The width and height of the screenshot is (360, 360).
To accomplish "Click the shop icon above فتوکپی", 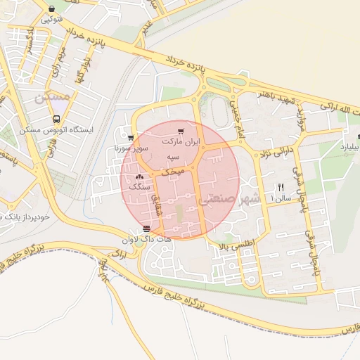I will tap(54, 9).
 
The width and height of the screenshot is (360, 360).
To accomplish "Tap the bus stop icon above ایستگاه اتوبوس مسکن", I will tap(56, 120).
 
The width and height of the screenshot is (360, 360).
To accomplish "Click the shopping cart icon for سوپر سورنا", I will tap(131, 138).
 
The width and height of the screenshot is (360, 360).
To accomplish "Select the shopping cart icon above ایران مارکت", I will tap(181, 131).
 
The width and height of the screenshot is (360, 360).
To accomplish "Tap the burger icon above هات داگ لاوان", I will tap(146, 229).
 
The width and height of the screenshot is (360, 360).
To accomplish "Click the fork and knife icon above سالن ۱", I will tap(281, 187).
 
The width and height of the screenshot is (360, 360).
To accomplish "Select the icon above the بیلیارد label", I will tap(359, 137).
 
